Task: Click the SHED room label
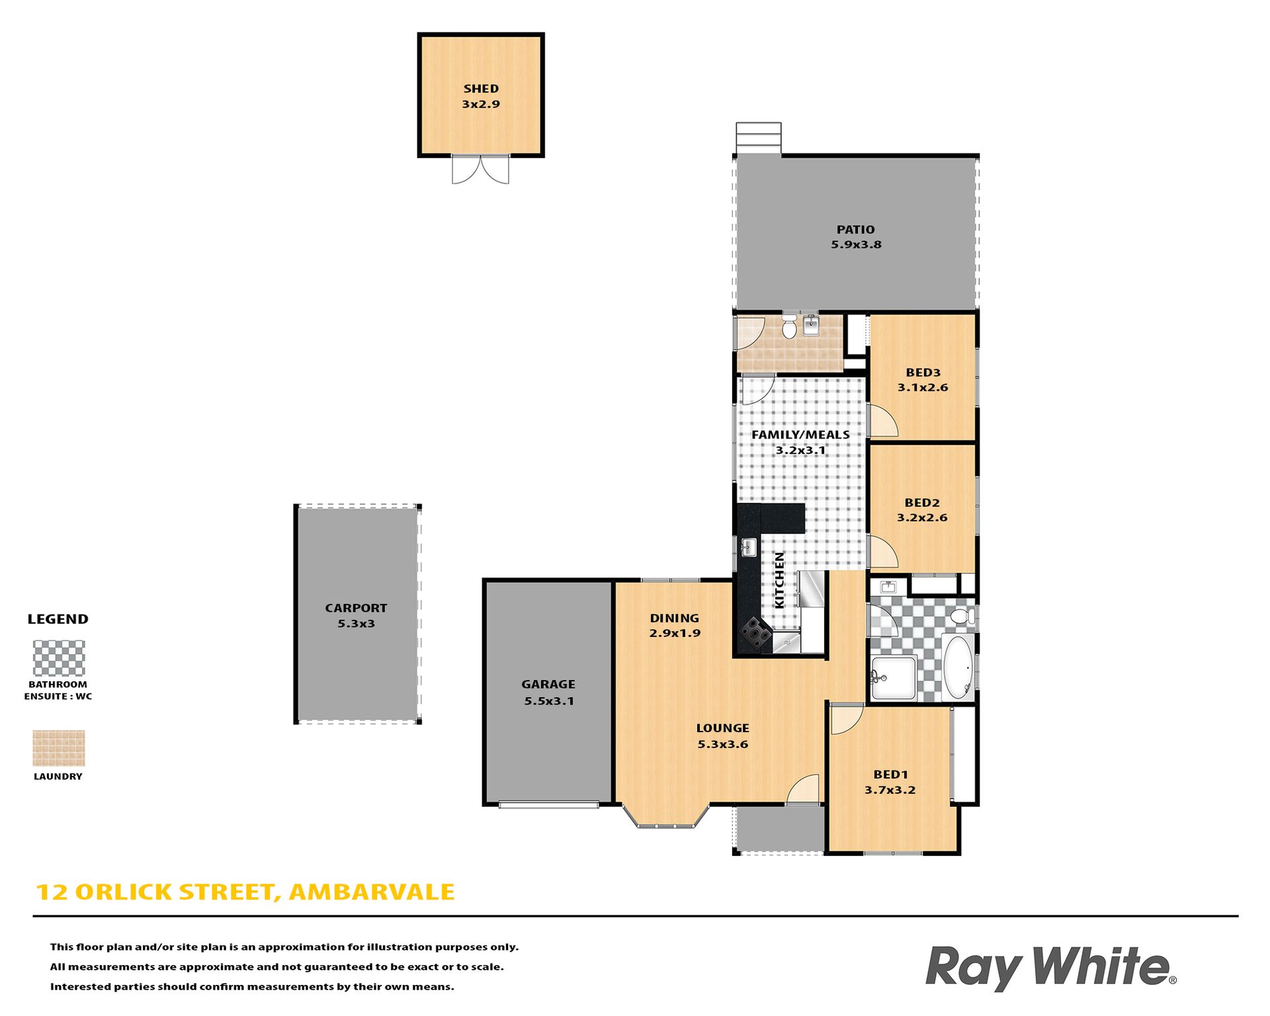[x=481, y=89]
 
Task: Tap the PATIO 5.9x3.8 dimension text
[x=856, y=245]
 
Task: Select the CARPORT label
[x=356, y=608]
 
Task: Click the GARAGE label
[x=548, y=685]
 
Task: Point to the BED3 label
[x=923, y=372]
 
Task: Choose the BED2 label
[x=922, y=503]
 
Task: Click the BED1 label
[x=890, y=775]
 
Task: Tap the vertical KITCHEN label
[x=779, y=580]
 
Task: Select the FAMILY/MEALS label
[x=800, y=435]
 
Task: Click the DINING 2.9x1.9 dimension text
[x=675, y=633]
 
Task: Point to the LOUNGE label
[x=722, y=728]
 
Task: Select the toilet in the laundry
[x=789, y=326]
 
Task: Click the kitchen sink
[x=748, y=547]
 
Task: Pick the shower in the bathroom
[x=893, y=677]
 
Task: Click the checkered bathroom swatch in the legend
[x=59, y=658]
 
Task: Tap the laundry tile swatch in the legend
[x=59, y=748]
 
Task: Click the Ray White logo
[x=1050, y=968]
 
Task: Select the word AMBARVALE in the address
[x=372, y=892]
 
